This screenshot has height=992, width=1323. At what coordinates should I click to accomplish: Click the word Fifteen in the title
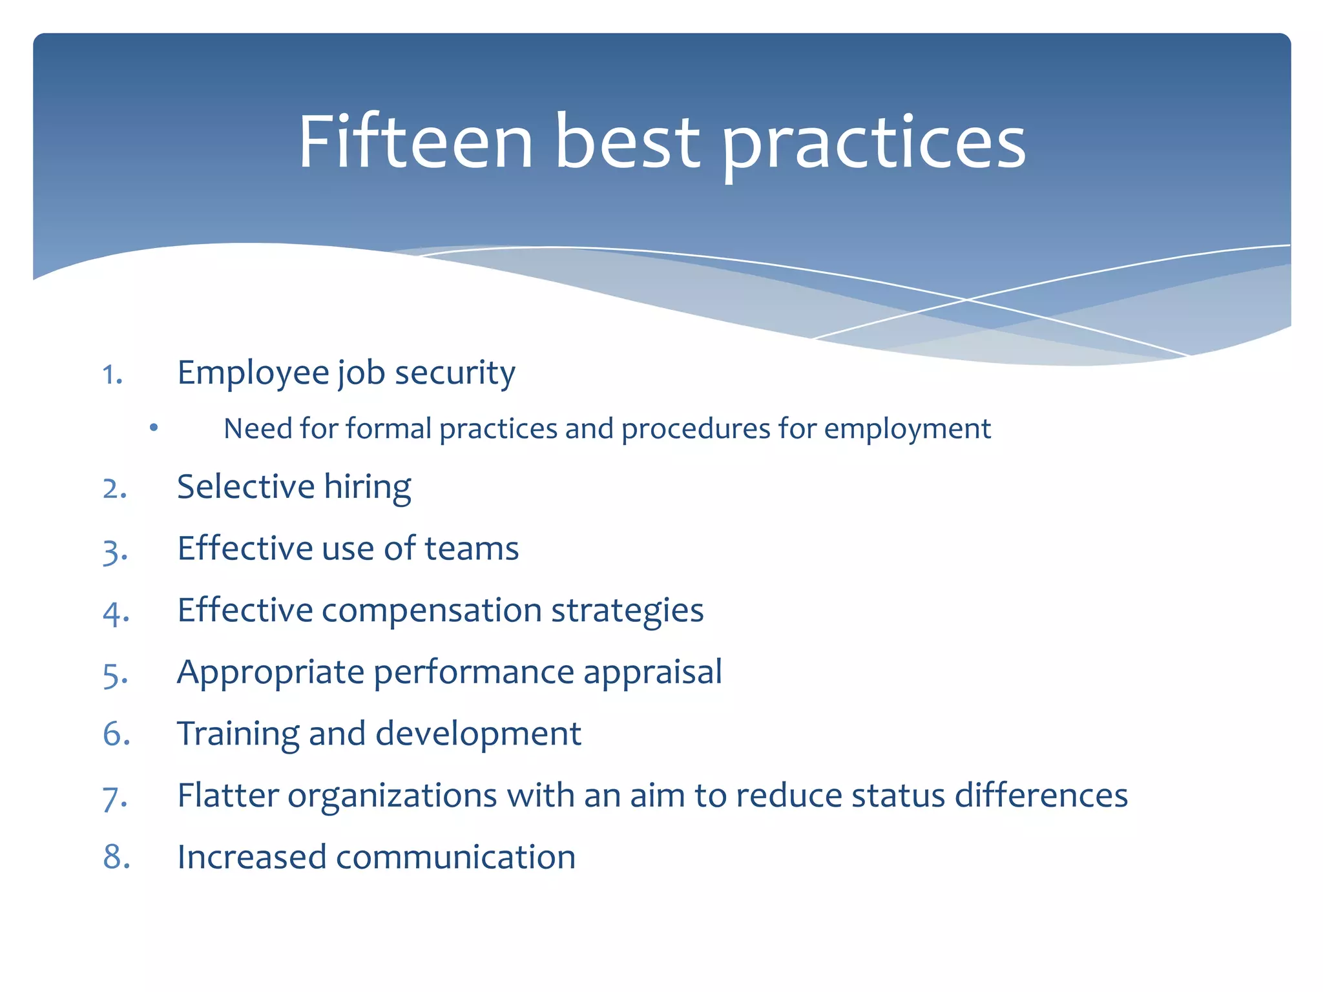pos(415,141)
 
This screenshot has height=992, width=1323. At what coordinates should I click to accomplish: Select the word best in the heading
pos(627,141)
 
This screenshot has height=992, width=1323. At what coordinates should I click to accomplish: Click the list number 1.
pos(112,375)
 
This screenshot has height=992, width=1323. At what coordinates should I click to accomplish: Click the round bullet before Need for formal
pos(153,428)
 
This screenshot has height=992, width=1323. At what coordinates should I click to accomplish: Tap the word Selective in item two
pos(245,486)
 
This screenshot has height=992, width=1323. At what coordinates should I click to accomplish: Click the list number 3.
pos(114,552)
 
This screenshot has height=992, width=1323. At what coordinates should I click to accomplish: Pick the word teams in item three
pos(472,548)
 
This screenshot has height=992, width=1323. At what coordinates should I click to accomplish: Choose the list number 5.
pos(114,675)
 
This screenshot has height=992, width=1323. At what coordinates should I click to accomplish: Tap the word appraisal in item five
pos(652,672)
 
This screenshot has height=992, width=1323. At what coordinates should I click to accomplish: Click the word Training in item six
pos(238,734)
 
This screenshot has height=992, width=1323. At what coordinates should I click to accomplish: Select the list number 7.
pos(114,798)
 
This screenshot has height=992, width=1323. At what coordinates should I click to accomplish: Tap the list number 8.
pos(116,857)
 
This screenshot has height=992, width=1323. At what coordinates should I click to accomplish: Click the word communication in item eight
pos(455,857)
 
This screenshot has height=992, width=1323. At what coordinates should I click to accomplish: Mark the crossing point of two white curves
pos(967,300)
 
